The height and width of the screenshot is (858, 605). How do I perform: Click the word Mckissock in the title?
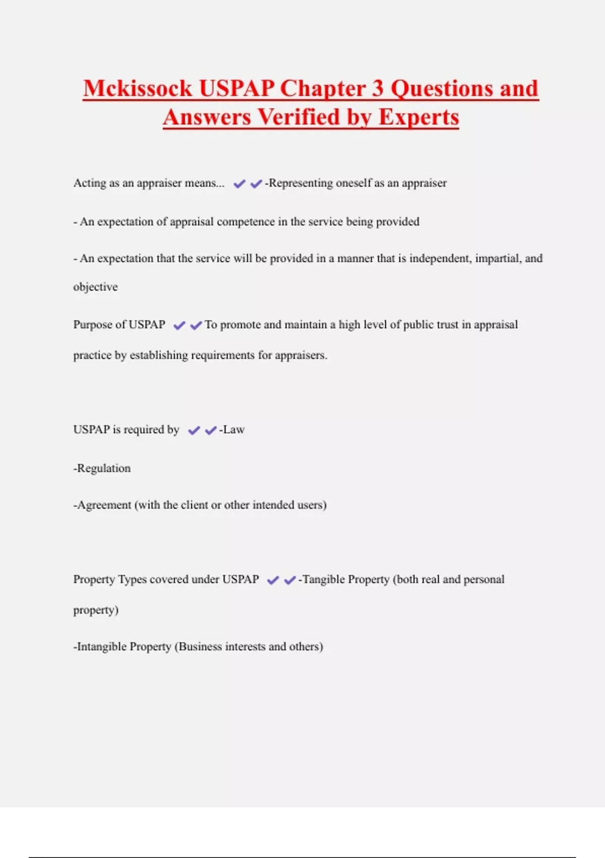138,88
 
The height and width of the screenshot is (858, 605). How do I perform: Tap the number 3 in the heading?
378,88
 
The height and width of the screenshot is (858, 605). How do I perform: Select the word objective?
95,287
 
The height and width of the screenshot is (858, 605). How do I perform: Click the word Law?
234,430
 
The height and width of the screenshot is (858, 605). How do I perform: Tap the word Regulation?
103,468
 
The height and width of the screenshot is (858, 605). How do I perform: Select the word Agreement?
104,505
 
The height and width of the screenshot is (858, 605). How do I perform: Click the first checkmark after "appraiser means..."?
239,184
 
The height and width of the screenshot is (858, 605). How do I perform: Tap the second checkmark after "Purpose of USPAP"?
196,326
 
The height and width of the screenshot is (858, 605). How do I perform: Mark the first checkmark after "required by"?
194,431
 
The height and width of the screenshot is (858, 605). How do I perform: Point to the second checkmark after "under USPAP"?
289,580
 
